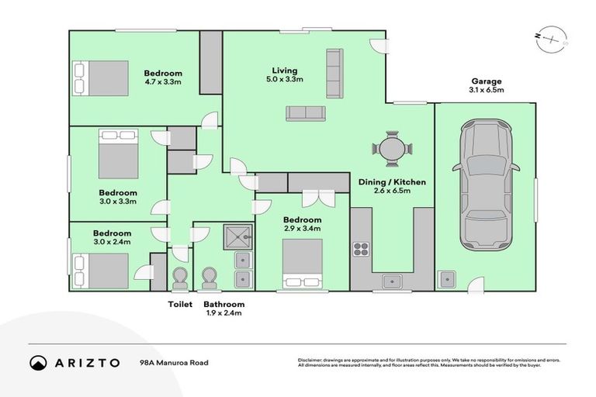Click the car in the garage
pyautogui.click(x=485, y=186)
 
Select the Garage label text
pyautogui.click(x=487, y=81)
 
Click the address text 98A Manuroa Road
pyautogui.click(x=174, y=362)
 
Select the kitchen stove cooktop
pyautogui.click(x=362, y=249)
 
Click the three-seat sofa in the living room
pyautogui.click(x=306, y=113)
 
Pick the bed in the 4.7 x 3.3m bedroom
pyautogui.click(x=101, y=78)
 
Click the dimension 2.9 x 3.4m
pyautogui.click(x=302, y=229)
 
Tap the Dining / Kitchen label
pyautogui.click(x=392, y=182)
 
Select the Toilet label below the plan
pyautogui.click(x=180, y=305)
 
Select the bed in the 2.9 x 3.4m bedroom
pyautogui.click(x=301, y=263)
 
